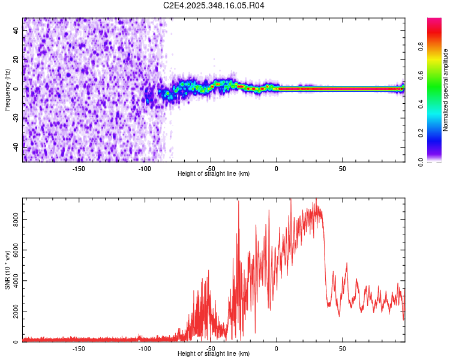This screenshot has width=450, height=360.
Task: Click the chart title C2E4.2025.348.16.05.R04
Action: (x=214, y=5)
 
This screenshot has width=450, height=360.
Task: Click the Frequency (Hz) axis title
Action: (x=7, y=90)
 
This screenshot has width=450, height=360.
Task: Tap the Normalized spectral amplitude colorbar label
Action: (x=446, y=90)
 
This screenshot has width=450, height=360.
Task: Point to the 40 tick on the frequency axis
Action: (x=16, y=31)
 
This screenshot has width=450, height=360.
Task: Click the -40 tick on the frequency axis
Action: (x=16, y=146)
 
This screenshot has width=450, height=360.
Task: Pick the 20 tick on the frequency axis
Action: (x=16, y=59)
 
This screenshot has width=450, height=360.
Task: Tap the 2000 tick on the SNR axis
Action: (x=16, y=312)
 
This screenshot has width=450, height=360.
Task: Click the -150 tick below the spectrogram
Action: (x=79, y=169)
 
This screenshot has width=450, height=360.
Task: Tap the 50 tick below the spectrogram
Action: (x=342, y=169)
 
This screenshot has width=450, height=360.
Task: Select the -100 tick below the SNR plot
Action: (x=145, y=349)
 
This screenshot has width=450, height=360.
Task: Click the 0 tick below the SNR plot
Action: (x=277, y=349)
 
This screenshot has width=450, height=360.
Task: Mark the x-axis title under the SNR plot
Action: (x=214, y=354)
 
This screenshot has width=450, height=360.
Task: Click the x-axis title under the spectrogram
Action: (x=214, y=174)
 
